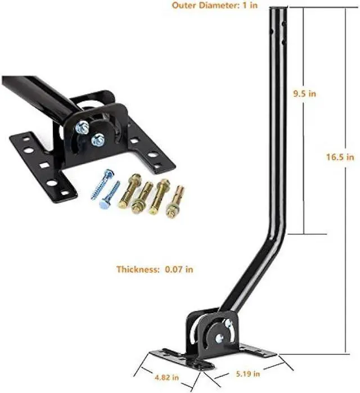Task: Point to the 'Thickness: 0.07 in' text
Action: [155, 269]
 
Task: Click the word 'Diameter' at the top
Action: [216, 6]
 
